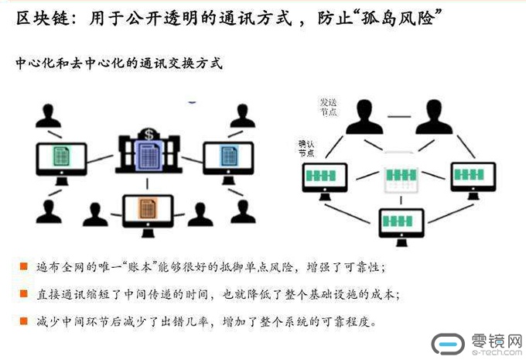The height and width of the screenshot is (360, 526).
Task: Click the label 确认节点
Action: pos(306,148)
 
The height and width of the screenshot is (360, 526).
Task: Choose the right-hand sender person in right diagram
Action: pos(433,117)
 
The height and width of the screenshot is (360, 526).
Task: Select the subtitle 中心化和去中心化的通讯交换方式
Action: pos(120,64)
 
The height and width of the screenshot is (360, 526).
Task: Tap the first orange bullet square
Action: pos(24,267)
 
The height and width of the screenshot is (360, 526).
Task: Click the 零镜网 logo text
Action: pos(494,340)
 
